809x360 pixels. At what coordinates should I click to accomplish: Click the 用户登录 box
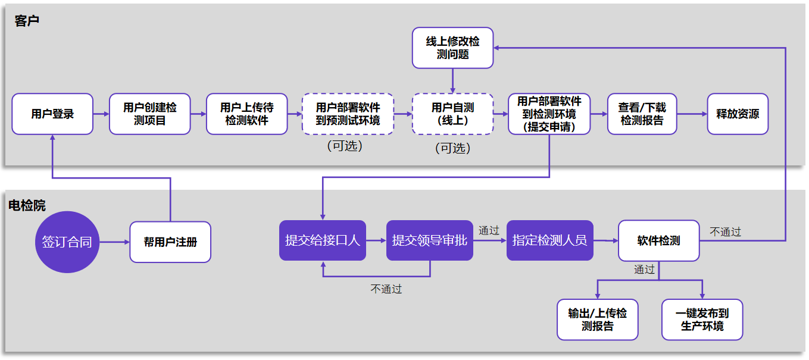click(x=52, y=114)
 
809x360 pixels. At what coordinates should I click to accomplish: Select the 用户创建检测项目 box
click(x=149, y=114)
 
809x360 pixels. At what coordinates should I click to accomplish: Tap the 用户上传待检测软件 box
click(x=246, y=114)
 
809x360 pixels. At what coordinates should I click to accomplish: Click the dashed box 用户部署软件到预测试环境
click(x=347, y=114)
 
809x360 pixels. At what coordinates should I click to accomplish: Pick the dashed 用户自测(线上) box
click(x=452, y=114)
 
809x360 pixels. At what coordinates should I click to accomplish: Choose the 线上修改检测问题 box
click(x=452, y=48)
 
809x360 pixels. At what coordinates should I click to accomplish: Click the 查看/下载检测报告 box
click(x=642, y=114)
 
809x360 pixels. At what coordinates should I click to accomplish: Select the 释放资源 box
click(x=738, y=114)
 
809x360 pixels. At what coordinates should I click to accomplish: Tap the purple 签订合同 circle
click(x=67, y=242)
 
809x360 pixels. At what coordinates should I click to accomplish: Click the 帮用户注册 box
click(x=170, y=242)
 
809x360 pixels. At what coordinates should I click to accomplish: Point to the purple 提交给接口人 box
click(x=323, y=240)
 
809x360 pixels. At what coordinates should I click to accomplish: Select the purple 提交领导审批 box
click(x=429, y=240)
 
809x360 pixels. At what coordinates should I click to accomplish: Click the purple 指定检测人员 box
click(x=549, y=240)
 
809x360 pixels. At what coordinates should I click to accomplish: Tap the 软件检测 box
click(x=658, y=240)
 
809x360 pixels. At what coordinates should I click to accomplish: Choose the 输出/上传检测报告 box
click(x=597, y=320)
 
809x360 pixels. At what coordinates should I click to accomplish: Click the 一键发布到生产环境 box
click(x=702, y=320)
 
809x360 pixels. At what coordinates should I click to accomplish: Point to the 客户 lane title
click(x=27, y=21)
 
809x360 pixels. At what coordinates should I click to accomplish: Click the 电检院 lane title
click(x=27, y=206)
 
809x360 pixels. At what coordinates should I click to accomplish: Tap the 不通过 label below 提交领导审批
click(x=386, y=289)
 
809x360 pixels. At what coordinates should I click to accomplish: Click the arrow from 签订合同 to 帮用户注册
click(x=114, y=242)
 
